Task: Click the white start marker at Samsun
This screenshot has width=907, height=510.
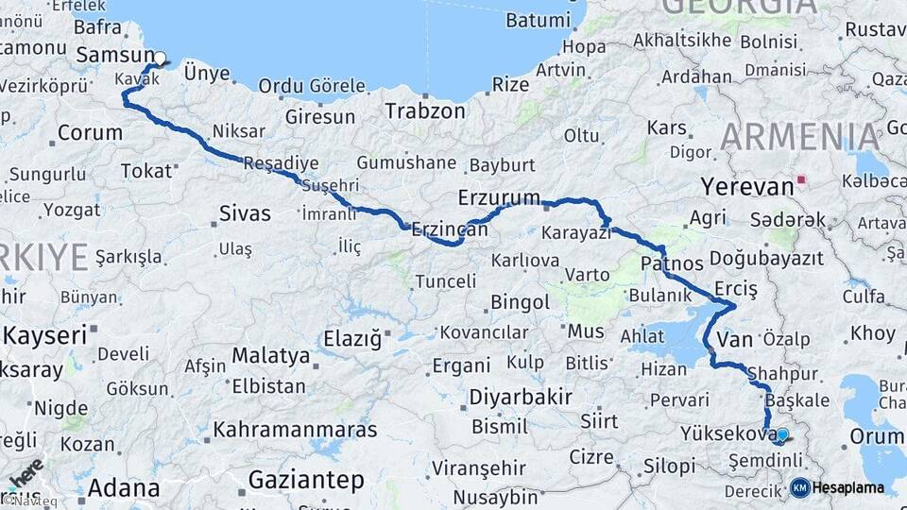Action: click(160, 58)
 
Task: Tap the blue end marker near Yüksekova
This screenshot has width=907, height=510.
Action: click(781, 434)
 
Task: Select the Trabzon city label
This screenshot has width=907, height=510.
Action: click(424, 111)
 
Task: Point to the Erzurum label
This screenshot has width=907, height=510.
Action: click(498, 198)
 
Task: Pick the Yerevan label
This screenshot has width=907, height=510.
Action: click(746, 186)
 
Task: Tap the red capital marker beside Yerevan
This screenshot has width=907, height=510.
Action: click(802, 179)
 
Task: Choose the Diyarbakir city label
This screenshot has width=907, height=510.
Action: click(521, 397)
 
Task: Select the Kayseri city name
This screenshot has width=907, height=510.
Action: click(45, 334)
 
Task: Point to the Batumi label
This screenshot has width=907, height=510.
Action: click(539, 20)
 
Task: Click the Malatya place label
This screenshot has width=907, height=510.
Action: click(270, 356)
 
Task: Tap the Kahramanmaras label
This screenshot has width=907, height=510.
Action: click(295, 431)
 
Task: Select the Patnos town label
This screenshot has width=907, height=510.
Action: click(672, 263)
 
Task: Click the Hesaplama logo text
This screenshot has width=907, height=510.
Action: click(848, 488)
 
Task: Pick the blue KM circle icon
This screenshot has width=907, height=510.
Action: click(799, 488)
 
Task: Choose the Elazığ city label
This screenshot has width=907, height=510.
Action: click(351, 337)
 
